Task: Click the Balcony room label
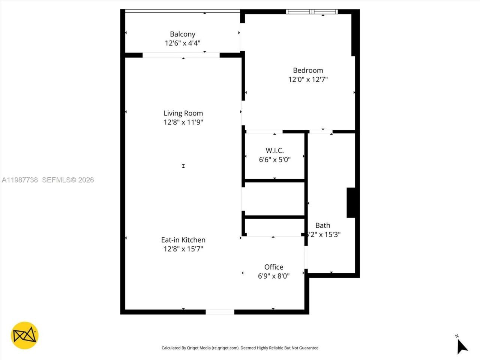[x=183, y=34]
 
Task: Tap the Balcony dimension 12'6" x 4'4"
[x=183, y=43]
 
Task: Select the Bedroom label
[x=308, y=70]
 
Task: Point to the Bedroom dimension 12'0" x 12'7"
[x=308, y=79]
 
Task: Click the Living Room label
[x=183, y=113]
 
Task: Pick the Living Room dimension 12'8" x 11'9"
[x=183, y=122]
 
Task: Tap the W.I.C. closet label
[x=274, y=150]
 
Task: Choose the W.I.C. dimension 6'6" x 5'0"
[x=274, y=160]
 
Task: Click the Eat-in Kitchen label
[x=183, y=240]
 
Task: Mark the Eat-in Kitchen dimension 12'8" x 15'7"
[x=183, y=249]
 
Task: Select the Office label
[x=274, y=267]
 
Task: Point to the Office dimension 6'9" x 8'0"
[x=274, y=276]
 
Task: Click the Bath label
[x=322, y=225]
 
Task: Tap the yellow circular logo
[x=25, y=335]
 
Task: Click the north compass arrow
[x=462, y=346]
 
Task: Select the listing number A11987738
[x=20, y=180]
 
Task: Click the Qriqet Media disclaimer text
[x=240, y=348]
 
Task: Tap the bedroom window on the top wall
[x=312, y=12]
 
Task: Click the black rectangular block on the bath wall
[x=351, y=202]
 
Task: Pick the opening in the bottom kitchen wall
[x=220, y=312]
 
